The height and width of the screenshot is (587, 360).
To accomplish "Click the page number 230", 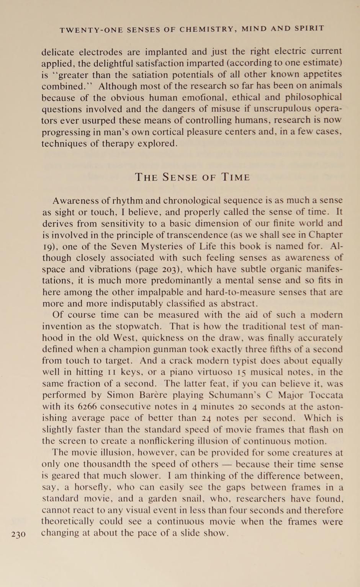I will [18, 534].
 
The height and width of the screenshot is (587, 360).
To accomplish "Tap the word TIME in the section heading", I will [236, 177].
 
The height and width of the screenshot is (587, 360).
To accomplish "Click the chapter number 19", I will [48, 247].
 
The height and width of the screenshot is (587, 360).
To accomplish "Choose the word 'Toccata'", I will [326, 395].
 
